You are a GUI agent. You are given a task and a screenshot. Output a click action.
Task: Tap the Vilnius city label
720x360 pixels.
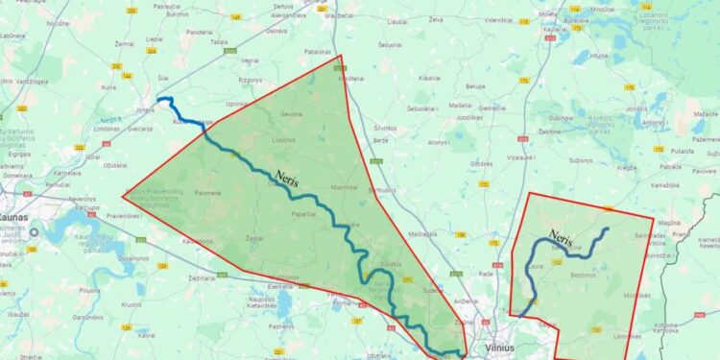click(501, 348)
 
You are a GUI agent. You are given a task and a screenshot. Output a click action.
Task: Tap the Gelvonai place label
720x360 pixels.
click(291, 115)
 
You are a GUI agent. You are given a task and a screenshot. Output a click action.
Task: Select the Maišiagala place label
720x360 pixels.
click(422, 233)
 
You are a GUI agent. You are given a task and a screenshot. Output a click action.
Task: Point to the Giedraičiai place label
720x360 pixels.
click(492, 108)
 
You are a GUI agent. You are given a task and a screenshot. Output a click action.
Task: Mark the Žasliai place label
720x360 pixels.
click(254, 235)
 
